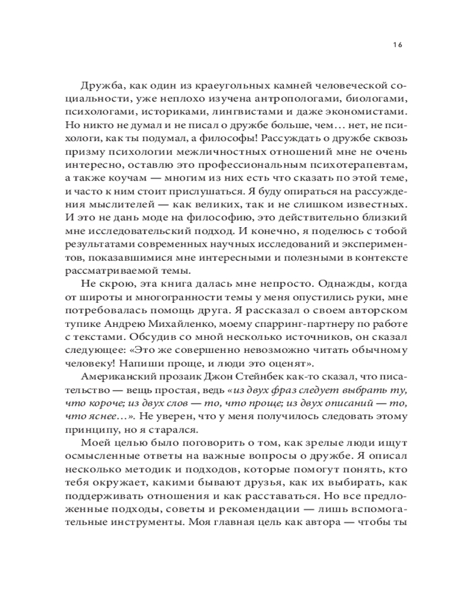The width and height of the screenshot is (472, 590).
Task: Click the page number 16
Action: (x=396, y=45)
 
